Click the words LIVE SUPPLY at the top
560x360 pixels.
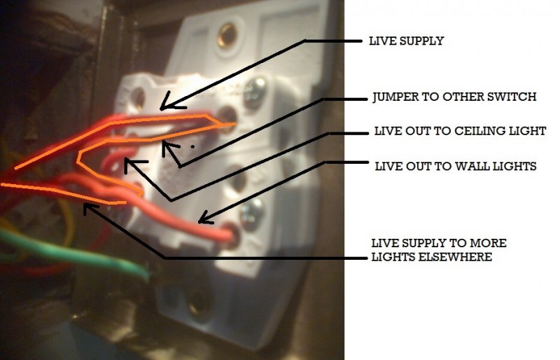[406, 41]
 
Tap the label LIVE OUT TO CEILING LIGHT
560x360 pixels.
[460, 131]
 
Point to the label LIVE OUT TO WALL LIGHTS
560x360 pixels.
[455, 167]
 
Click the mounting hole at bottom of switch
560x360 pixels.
[198, 303]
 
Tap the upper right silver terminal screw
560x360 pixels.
[256, 88]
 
